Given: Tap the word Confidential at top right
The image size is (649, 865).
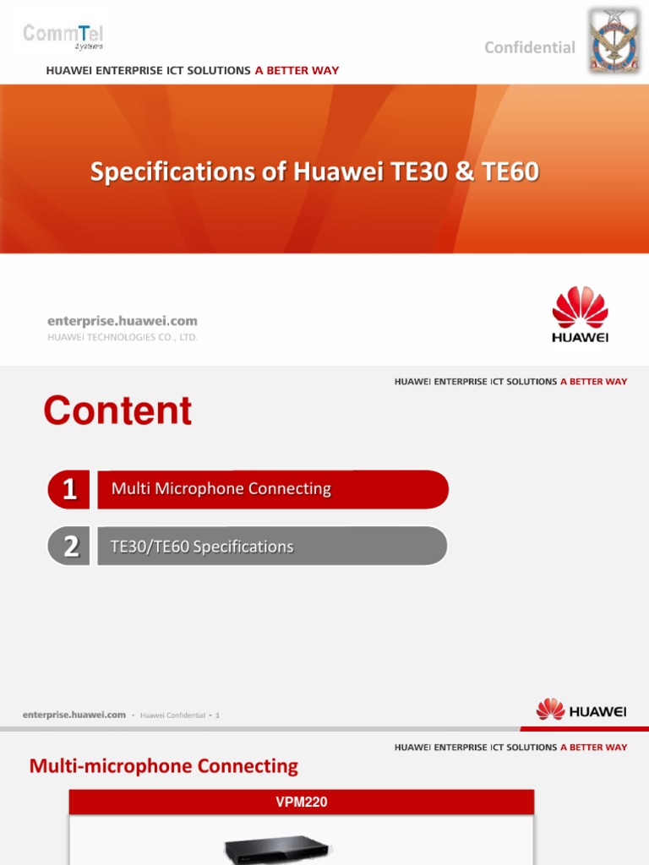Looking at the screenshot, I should tap(529, 47).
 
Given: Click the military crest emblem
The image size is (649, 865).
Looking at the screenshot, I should tap(614, 41).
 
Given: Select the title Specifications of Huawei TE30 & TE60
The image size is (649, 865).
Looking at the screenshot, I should tap(314, 172).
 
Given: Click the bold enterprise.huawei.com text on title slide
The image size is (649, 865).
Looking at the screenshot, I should tap(123, 321).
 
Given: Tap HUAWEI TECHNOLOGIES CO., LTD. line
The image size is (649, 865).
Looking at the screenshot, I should tap(123, 337).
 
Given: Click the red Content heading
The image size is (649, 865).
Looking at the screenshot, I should tap(117, 411).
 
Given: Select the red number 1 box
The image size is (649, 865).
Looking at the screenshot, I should tap(69, 490).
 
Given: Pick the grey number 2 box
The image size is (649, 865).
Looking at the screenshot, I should tap(69, 547).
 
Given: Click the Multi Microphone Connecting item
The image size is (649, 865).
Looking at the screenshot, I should tap(221, 489).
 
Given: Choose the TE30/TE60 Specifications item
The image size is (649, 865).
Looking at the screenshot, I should tap(202, 547).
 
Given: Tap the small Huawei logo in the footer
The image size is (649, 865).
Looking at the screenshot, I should tap(581, 710).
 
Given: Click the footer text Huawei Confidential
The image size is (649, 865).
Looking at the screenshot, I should tap(172, 715).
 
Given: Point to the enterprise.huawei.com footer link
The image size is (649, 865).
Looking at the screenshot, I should tap(74, 715).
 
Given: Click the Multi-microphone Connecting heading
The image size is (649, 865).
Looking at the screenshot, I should tap(164, 766).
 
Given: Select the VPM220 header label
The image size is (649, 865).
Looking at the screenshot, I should tap(302, 802).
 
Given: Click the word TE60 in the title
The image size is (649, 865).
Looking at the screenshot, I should tap(510, 172).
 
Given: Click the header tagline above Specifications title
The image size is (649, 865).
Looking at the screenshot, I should tap(193, 70).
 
